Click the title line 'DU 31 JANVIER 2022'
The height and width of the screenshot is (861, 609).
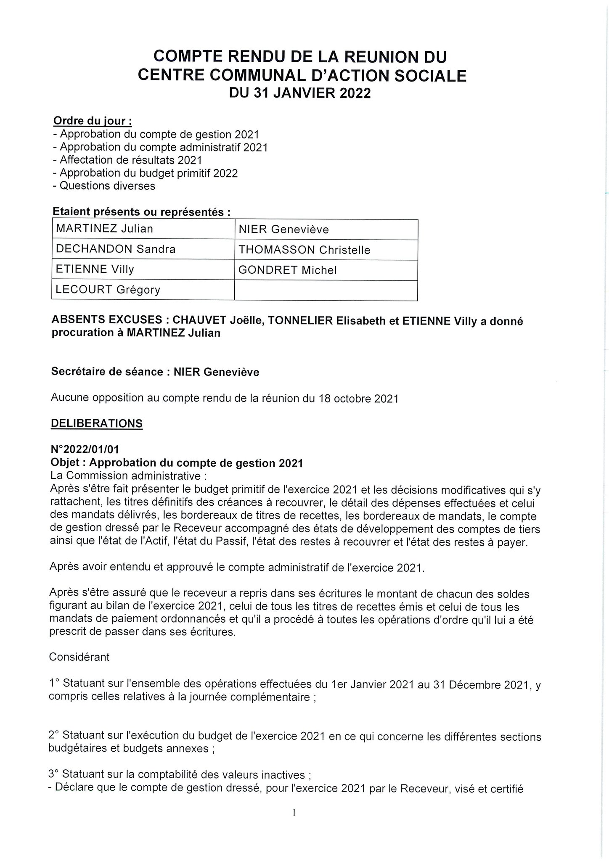coord(299,93)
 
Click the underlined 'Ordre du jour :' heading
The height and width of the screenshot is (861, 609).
coord(93,121)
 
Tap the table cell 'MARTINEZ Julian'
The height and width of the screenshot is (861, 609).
coord(105,229)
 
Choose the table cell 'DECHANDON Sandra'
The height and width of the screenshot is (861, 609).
coord(116,249)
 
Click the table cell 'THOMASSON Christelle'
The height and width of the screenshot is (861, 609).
coord(304,250)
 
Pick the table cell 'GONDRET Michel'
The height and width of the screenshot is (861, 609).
coord(288,270)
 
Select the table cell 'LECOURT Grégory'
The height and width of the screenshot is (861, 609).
coord(108,290)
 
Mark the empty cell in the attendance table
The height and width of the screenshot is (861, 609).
coord(326,290)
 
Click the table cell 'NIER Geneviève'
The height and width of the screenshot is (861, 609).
coord(283,230)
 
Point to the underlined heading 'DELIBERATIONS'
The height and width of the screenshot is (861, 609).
coord(96,423)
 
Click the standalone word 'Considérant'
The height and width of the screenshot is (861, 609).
coord(79,657)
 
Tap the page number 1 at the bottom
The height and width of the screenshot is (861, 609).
coord(294,824)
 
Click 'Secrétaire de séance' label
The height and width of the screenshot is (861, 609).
coord(107,372)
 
